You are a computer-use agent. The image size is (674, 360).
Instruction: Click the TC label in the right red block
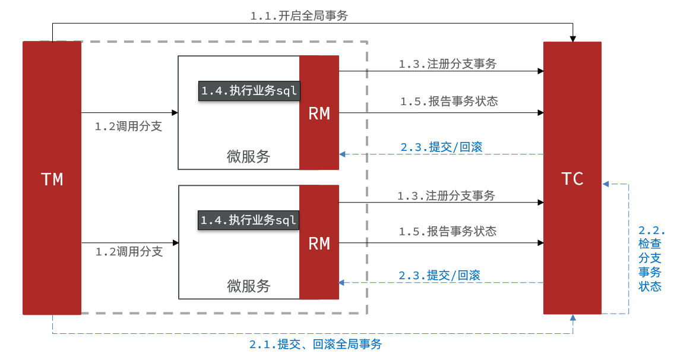coord(572,179)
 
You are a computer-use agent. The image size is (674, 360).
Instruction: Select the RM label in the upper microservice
coord(319,114)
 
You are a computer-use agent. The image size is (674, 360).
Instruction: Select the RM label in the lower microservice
coord(319,244)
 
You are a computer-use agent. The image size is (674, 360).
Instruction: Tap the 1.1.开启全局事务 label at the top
coord(299,16)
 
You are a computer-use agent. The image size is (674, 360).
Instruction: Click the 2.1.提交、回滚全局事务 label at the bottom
coord(315,344)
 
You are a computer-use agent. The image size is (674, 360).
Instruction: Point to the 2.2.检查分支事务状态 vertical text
coord(650,258)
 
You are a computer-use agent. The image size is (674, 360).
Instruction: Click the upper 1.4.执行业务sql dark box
coord(248,91)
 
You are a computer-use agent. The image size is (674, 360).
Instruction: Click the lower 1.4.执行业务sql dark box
coord(248,220)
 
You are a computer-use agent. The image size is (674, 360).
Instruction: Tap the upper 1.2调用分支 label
coord(128,127)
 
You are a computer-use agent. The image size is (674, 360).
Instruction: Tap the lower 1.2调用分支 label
coord(129,252)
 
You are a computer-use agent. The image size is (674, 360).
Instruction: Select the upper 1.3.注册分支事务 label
coord(447,64)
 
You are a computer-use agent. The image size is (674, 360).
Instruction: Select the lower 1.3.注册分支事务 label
coord(446,195)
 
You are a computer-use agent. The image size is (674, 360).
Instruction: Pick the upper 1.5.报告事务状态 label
coord(448,102)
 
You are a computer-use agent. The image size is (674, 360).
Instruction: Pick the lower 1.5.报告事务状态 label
coord(447,231)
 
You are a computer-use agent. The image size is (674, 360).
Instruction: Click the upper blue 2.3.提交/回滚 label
coord(441,147)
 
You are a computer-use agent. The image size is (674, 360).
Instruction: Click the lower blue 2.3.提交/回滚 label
coord(439,275)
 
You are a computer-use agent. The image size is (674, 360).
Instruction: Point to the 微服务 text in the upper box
coord(248,157)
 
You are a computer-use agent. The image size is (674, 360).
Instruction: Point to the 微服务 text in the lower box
coord(249,286)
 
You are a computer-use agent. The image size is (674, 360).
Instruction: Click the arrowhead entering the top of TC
coord(573,38)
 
